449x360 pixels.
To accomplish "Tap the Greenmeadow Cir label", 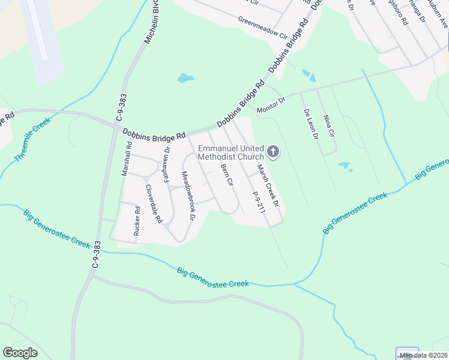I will tap(262, 27).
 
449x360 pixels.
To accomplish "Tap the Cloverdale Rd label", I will tap(153, 203).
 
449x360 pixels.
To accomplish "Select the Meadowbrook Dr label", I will tap(188, 196).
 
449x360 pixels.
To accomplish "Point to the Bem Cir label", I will tap(226, 175).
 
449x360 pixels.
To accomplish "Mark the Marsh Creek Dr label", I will tap(268, 185).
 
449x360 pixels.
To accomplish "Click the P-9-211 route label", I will tap(259, 203).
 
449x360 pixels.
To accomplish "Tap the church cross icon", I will tap(273, 152).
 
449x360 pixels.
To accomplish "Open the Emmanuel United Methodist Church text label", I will tap(231, 152).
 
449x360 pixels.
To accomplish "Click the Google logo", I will tap(20, 353).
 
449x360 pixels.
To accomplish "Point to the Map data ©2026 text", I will tap(423, 355).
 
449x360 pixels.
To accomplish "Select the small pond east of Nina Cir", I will tap(344, 165).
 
